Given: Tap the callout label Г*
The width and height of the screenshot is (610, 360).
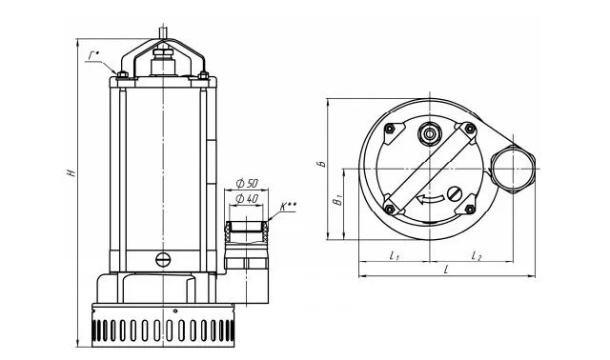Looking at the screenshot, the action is pos(93,56).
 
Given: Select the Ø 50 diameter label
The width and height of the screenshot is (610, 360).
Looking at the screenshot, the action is pos(247,183).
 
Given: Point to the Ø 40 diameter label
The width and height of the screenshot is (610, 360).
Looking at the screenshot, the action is pos(247,199).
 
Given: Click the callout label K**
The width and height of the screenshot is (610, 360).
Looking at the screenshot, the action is pos(287,206).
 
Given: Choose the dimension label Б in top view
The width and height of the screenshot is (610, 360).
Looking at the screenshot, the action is pos(321,163).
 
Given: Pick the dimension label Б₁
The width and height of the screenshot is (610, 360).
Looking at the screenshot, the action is pos(336,200).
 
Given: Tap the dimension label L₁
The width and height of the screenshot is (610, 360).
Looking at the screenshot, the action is pos(394,255).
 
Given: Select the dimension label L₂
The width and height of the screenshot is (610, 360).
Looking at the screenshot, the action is pos(477,255).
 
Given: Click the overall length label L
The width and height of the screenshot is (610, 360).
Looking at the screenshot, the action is pos(447,270).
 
